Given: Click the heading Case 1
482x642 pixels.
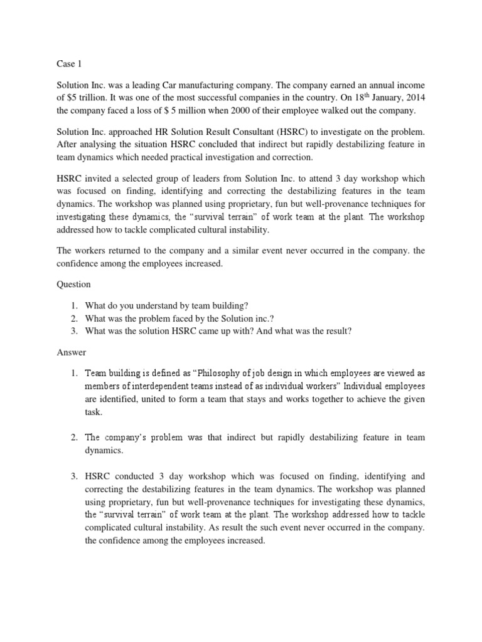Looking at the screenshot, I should click(x=62, y=64).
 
